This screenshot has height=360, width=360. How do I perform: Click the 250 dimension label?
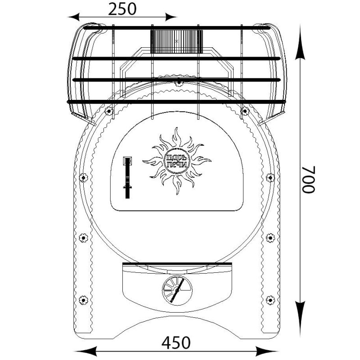122,9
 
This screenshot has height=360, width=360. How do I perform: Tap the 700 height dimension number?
309,179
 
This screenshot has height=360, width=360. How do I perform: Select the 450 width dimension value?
176,343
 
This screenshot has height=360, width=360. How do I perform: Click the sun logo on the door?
177,161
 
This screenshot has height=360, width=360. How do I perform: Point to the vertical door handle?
127,177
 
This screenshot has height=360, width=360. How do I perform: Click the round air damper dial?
177,290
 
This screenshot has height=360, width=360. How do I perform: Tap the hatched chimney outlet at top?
176,41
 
